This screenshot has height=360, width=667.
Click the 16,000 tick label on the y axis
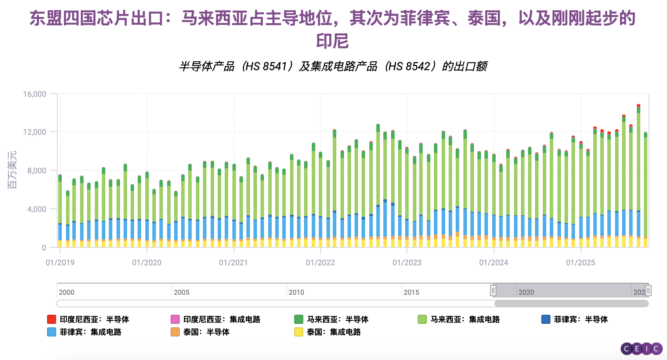pyautogui.click(x=34, y=94)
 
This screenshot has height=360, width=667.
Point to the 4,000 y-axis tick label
pyautogui.click(x=37, y=209)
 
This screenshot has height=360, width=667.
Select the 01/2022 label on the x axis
pyautogui.click(x=320, y=262)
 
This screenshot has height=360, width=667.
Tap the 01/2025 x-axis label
pyautogui.click(x=580, y=262)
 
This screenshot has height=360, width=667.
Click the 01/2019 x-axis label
pyautogui.click(x=60, y=262)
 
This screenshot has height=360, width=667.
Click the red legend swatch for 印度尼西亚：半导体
pyautogui.click(x=52, y=319)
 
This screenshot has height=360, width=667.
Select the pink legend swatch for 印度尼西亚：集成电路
pyautogui.click(x=175, y=319)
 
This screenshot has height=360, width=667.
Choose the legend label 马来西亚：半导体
pyautogui.click(x=337, y=319)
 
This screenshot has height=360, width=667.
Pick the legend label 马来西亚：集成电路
pyautogui.click(x=465, y=319)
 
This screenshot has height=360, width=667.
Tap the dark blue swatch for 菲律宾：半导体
pyautogui.click(x=546, y=319)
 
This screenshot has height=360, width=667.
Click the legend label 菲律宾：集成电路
pyautogui.click(x=90, y=332)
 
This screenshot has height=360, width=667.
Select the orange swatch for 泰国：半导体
pyautogui.click(x=175, y=332)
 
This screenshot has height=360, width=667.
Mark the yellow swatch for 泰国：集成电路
pyautogui.click(x=298, y=332)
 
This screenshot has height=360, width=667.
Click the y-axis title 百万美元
pyautogui.click(x=12, y=170)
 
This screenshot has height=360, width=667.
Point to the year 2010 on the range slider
pyautogui.click(x=296, y=292)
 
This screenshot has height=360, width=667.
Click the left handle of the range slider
pyautogui.click(x=493, y=291)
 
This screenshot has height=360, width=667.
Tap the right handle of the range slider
pyautogui.click(x=648, y=291)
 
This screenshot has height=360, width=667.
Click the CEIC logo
pyautogui.click(x=641, y=349)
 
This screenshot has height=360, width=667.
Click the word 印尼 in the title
pyautogui.click(x=332, y=41)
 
